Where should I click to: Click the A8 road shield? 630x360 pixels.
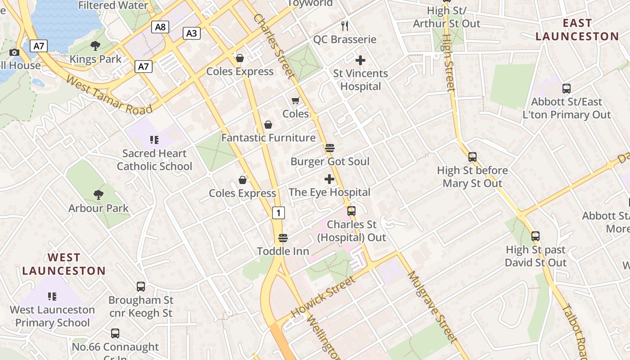[x=160, y=27]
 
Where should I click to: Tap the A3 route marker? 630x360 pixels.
[x=192, y=33]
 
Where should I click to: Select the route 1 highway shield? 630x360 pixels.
[x=279, y=213]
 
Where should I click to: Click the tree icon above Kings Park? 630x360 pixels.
[x=95, y=45]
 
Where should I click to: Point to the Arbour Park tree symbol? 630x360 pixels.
[x=99, y=194]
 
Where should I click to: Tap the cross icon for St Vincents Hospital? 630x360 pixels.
[x=360, y=60]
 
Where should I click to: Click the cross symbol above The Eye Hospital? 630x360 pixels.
[x=329, y=179]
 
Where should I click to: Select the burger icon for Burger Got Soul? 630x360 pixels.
[x=329, y=148]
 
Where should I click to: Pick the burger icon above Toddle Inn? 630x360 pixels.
[x=283, y=238]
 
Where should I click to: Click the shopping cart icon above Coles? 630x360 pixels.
[x=295, y=100]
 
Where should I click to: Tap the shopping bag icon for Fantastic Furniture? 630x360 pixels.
[x=268, y=124]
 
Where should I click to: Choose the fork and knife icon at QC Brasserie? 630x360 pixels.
[x=345, y=26]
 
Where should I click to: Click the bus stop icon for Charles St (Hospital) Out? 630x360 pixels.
[x=351, y=211]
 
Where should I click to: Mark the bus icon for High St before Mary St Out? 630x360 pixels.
[x=472, y=157]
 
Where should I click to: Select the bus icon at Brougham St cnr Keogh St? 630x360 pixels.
[x=141, y=286]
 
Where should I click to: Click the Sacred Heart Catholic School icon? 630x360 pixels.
[x=154, y=140]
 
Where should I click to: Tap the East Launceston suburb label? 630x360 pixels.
[x=577, y=30]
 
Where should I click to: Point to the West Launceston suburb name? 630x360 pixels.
[x=64, y=264]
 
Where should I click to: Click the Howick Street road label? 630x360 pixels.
[x=323, y=297]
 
